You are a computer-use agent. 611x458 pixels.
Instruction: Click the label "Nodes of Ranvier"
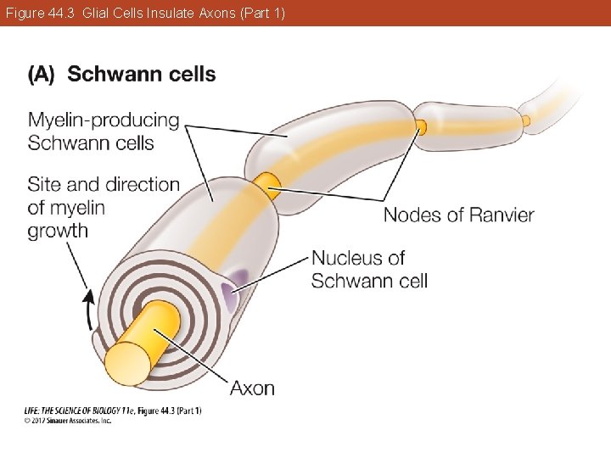click(x=458, y=215)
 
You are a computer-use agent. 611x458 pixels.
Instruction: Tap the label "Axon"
click(x=252, y=388)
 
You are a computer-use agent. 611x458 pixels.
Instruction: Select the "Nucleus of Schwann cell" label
click(x=369, y=269)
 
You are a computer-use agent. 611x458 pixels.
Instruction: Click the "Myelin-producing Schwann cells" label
click(x=104, y=131)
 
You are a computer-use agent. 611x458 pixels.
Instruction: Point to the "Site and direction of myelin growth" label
click(x=104, y=207)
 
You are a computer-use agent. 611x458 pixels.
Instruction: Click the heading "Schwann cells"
click(x=142, y=75)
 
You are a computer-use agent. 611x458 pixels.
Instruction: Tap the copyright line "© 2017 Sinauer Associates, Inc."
click(x=67, y=420)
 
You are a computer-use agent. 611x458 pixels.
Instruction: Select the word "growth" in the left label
click(x=58, y=231)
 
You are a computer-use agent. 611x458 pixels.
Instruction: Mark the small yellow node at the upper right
click(x=421, y=127)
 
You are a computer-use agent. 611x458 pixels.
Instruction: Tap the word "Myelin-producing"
click(x=104, y=120)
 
